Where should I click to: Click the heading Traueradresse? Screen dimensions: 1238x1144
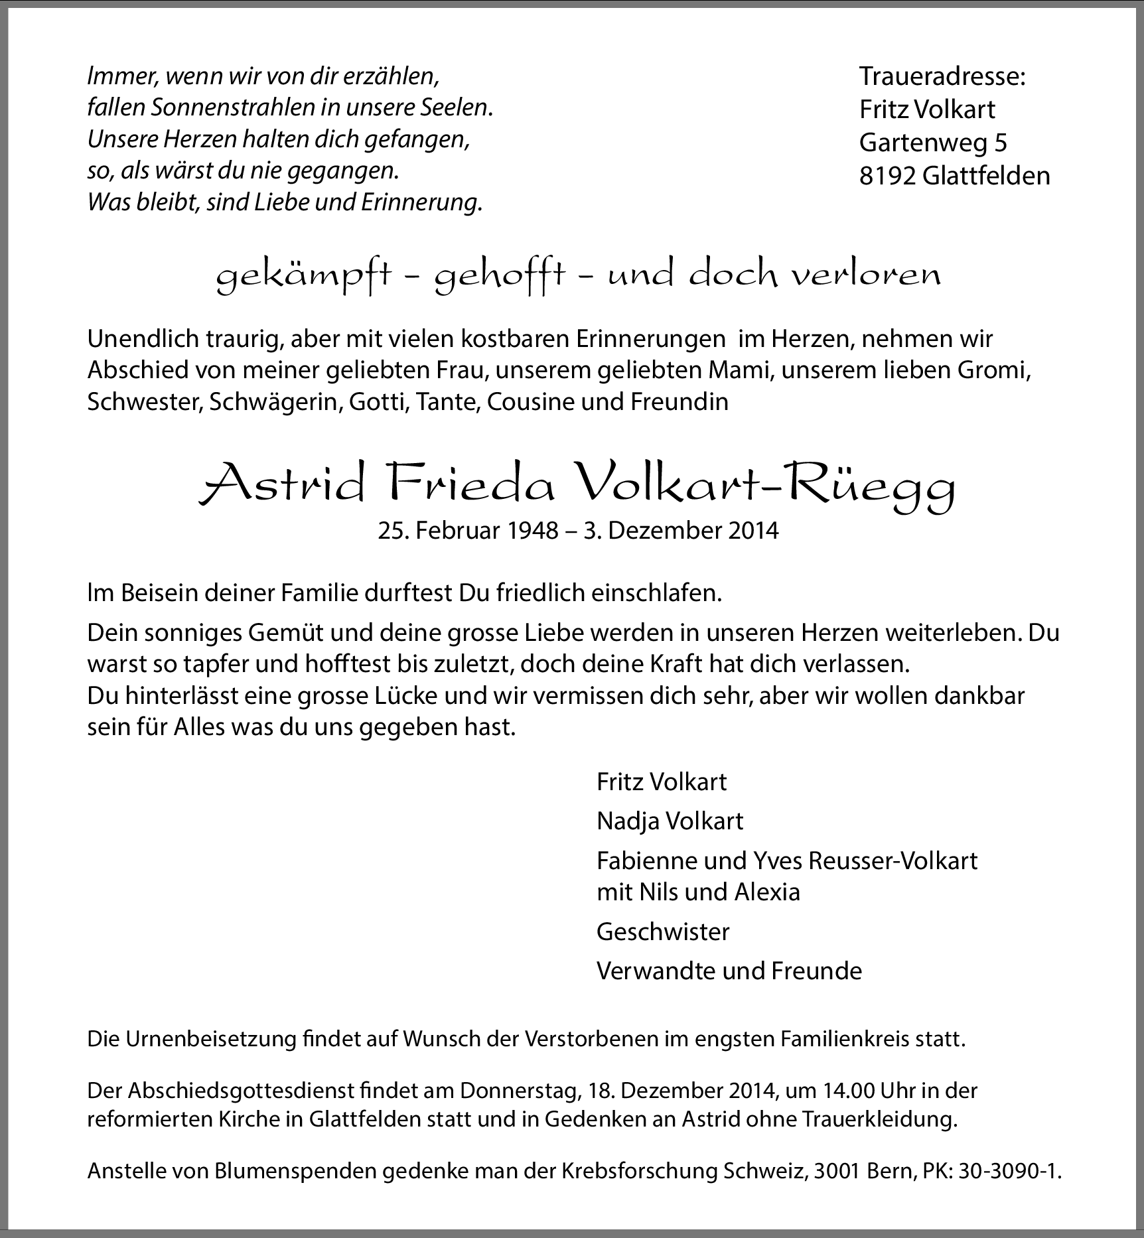click(x=942, y=76)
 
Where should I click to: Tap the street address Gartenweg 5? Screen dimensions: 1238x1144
click(x=933, y=142)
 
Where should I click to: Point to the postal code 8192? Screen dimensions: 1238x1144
click(x=887, y=176)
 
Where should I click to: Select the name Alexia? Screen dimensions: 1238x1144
click(x=767, y=892)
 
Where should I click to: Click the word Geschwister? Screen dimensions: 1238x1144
click(x=663, y=932)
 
